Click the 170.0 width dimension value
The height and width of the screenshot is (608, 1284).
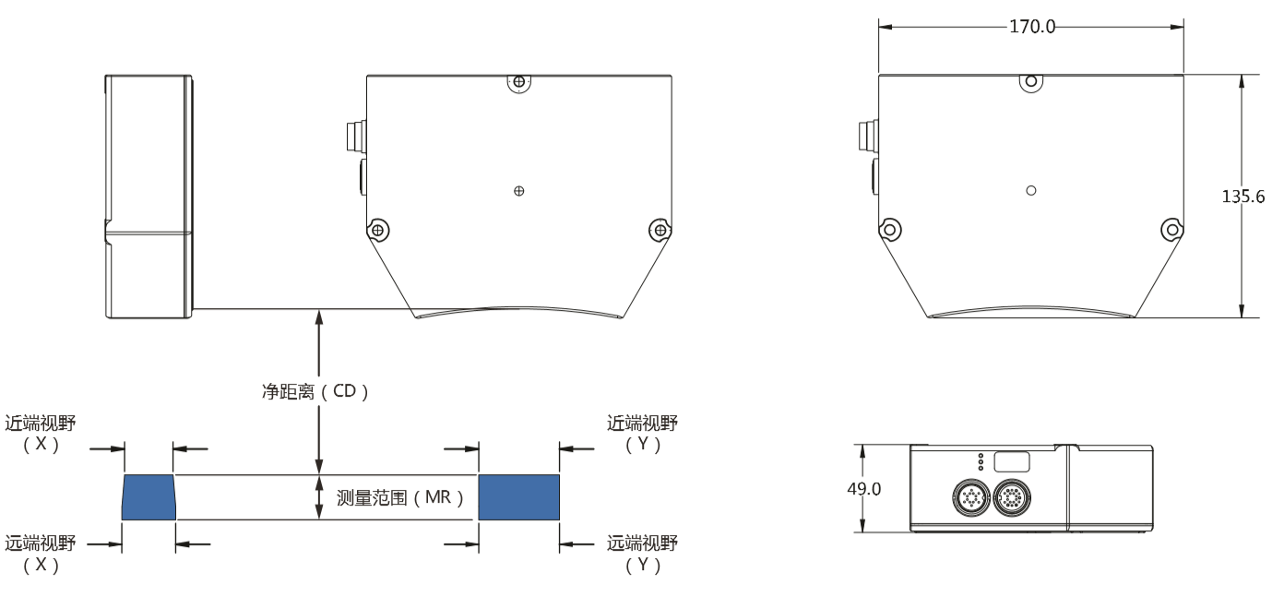(x=1032, y=27)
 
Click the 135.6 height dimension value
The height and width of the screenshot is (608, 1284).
(x=1242, y=197)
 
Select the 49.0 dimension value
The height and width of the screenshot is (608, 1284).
(x=863, y=489)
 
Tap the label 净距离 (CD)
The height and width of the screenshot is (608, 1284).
(x=315, y=391)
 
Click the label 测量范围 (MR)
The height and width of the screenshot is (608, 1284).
(x=400, y=497)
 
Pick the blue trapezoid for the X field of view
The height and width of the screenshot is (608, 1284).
(x=149, y=497)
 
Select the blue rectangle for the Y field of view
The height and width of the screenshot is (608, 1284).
(x=518, y=497)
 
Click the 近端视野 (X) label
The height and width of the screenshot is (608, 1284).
(x=41, y=433)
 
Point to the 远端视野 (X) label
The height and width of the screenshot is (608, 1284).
(x=41, y=554)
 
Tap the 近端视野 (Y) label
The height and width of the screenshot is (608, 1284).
(x=643, y=433)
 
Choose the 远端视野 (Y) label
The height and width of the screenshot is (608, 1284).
(x=643, y=554)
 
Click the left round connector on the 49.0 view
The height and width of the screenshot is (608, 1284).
(x=971, y=498)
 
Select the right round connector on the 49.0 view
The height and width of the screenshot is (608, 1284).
(x=1012, y=498)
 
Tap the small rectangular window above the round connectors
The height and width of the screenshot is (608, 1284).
(x=1012, y=461)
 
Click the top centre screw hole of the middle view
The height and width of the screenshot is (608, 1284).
(x=518, y=82)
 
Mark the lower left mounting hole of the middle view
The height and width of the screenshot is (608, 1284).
(x=377, y=231)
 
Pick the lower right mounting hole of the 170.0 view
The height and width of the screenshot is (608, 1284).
(x=1172, y=230)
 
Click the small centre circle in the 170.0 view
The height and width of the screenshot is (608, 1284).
(x=1031, y=190)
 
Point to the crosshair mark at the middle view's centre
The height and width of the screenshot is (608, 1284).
(x=518, y=191)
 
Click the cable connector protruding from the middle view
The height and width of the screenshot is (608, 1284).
(x=355, y=137)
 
